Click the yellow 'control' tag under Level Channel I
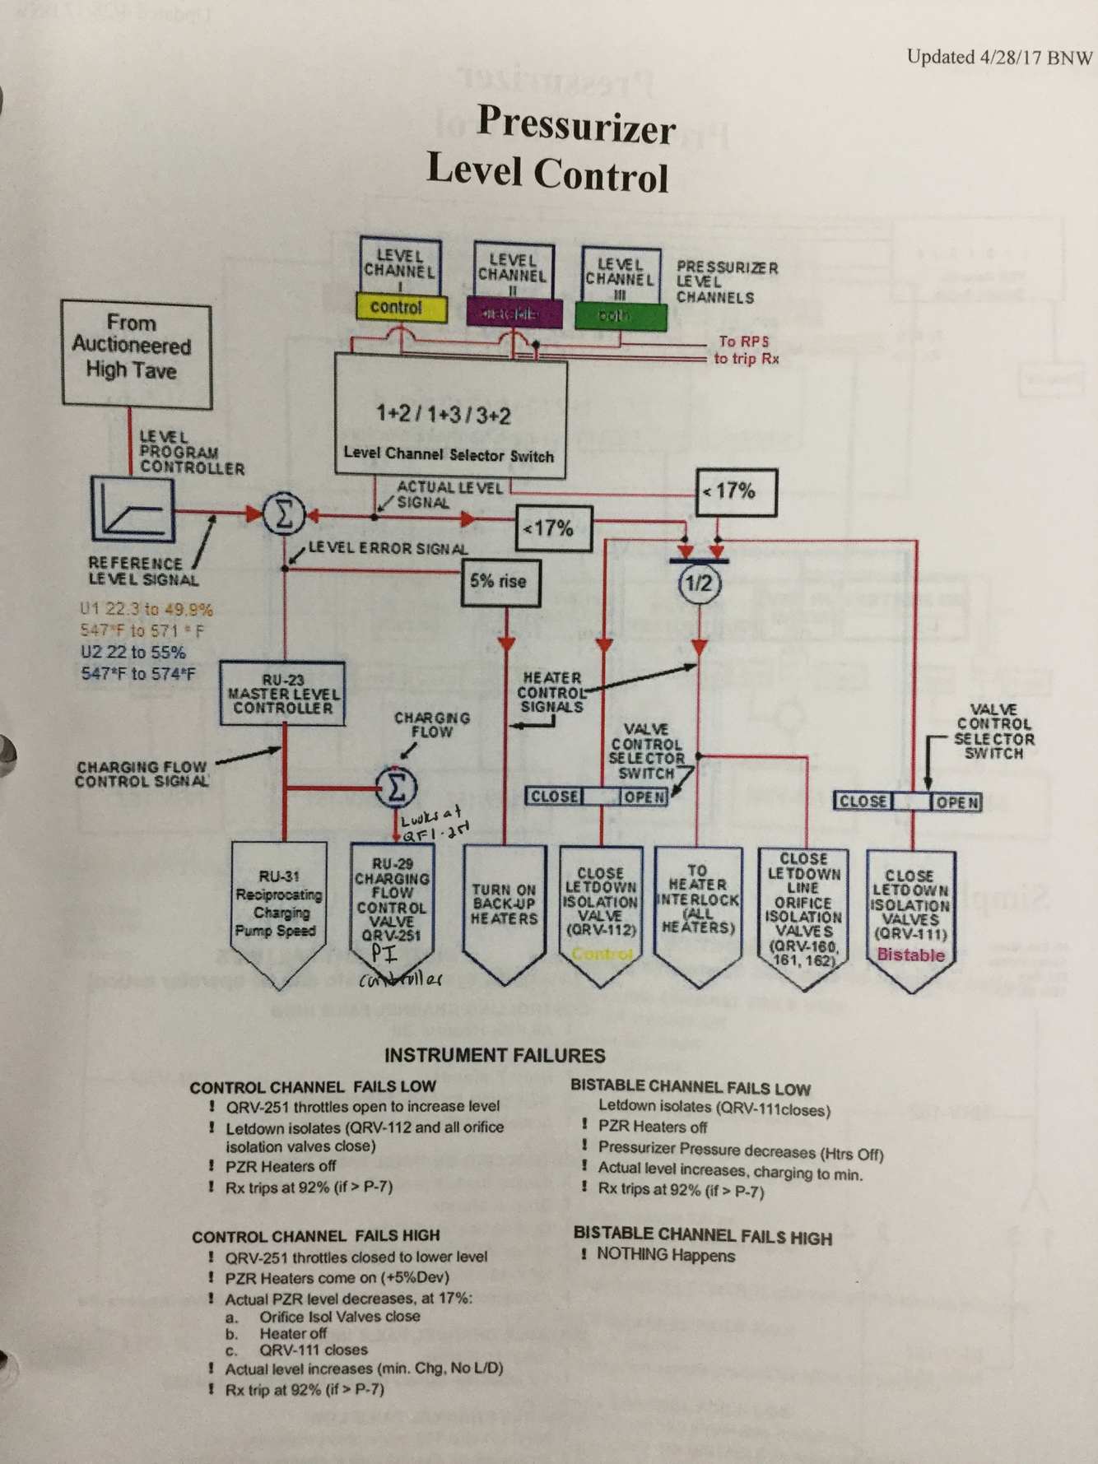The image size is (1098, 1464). [401, 308]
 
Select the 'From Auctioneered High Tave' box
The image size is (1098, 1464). [136, 354]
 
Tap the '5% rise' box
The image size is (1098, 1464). [500, 582]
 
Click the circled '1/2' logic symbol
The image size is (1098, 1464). [699, 583]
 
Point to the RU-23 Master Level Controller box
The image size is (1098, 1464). [282, 694]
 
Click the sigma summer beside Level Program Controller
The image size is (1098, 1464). [284, 516]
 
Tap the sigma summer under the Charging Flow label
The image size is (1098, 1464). [397, 787]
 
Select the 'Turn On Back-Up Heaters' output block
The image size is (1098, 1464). [504, 905]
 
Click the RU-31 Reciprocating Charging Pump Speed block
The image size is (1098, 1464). [279, 905]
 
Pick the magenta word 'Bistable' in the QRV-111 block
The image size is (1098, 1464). [910, 955]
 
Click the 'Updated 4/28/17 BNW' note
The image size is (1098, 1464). [999, 57]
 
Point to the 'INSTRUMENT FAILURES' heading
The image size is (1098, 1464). [495, 1055]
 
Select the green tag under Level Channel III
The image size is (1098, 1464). [620, 316]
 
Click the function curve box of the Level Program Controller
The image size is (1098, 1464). [133, 509]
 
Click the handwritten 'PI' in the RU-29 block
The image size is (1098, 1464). [384, 955]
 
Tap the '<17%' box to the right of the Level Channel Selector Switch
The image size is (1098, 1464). [736, 492]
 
